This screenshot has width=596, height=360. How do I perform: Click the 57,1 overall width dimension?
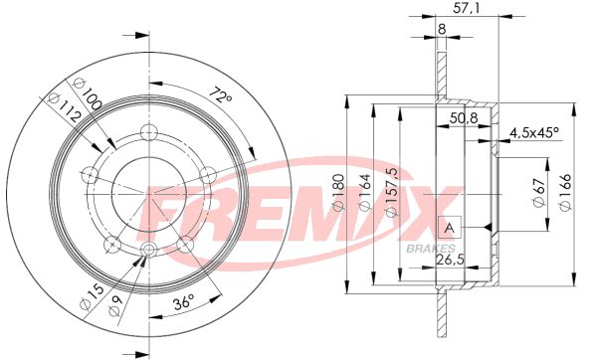click(467, 8)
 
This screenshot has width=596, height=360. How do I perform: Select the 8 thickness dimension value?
click(442, 29)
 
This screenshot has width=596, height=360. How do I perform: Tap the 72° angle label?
click(221, 94)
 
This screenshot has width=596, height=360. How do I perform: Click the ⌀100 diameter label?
click(87, 93)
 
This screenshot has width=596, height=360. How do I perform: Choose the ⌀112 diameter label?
click(65, 108)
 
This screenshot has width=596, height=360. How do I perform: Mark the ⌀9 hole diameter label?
click(114, 305)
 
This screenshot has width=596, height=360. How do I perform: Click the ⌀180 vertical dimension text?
click(338, 192)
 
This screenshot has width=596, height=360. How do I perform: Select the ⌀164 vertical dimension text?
click(364, 192)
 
